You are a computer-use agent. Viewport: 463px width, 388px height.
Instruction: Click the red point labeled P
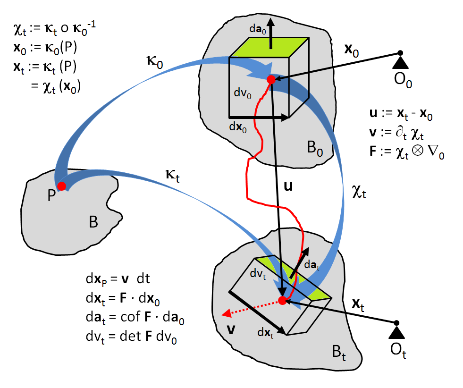[61, 185]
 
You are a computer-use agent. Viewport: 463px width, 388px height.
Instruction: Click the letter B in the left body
[93, 222]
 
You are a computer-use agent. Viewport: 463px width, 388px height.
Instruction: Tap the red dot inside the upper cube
[271, 80]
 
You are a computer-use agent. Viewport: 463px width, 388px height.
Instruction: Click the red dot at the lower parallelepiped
[282, 300]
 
